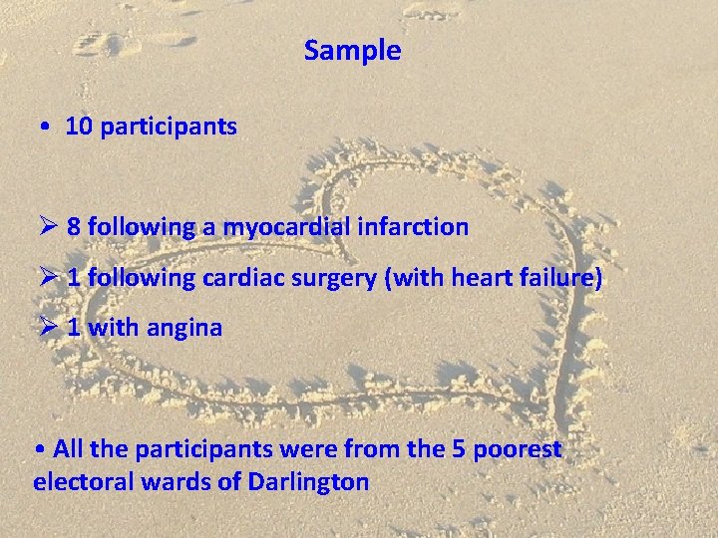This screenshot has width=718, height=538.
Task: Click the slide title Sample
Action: (353, 51)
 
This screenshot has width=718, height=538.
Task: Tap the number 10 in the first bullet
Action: (78, 128)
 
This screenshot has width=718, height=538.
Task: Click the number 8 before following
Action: (74, 227)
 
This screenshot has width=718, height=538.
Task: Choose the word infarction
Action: (419, 227)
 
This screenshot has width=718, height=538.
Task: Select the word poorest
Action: (520, 449)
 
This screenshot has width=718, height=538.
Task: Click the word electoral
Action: (80, 482)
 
